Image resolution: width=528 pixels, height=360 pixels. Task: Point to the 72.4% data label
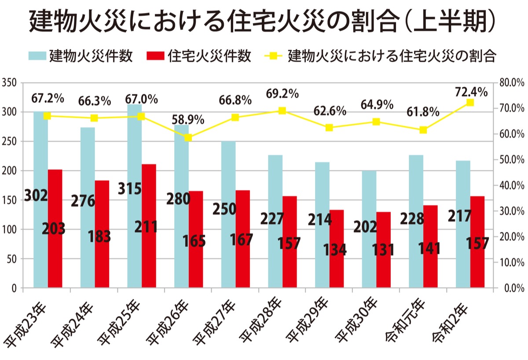click(x=472, y=92)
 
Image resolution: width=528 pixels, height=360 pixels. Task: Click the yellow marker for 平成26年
click(x=188, y=138)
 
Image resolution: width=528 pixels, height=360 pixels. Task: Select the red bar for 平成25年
click(x=149, y=227)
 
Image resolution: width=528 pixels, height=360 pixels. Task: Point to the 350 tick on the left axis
click(x=9, y=83)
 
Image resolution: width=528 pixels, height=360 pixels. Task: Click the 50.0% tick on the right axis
click(x=512, y=159)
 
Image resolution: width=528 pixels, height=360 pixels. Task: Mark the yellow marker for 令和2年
click(x=470, y=103)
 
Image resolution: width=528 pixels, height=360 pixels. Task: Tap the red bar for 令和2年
click(x=477, y=242)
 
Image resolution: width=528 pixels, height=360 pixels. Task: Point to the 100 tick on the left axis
click(x=9, y=230)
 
